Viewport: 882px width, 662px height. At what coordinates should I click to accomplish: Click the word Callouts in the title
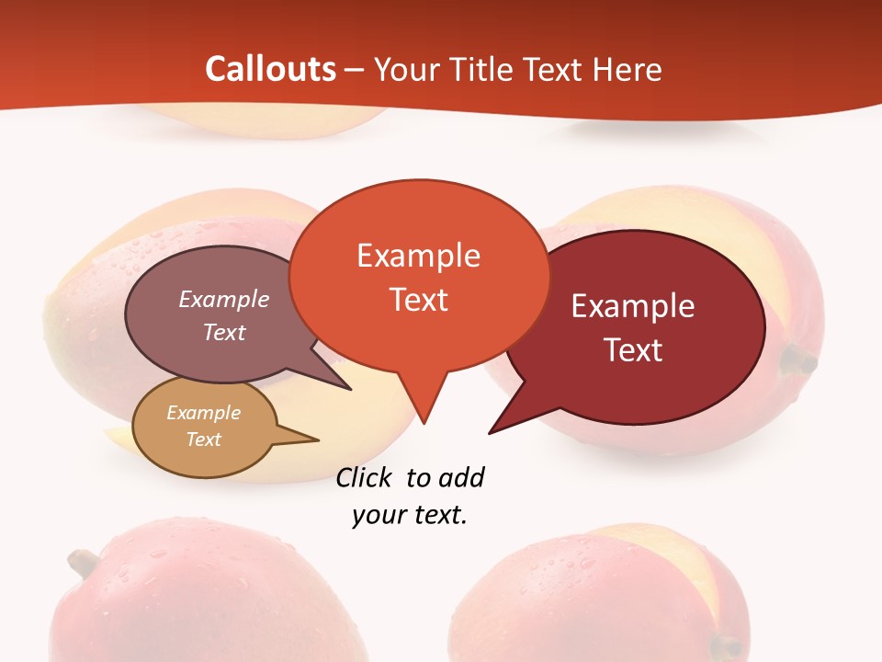270,69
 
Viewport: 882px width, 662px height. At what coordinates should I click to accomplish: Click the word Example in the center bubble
419,256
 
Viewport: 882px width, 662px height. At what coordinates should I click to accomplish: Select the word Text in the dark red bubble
634,350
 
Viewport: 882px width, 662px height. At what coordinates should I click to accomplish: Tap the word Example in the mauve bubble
224,300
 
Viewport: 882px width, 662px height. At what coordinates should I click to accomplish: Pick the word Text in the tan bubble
204,439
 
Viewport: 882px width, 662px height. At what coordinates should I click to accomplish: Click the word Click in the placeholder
366,478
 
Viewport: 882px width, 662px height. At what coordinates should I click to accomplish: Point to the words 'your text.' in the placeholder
410,515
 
